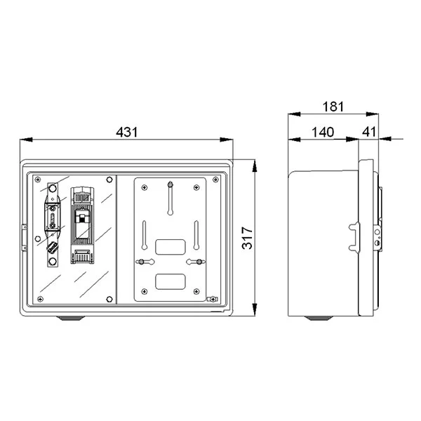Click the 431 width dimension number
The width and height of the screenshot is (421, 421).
[127, 132]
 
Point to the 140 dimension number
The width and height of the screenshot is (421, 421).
[324, 131]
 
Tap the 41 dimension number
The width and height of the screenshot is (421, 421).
[369, 131]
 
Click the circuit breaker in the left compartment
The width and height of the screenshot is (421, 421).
[82, 225]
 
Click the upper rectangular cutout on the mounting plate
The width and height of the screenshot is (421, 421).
[169, 246]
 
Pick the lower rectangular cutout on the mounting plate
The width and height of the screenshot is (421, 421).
[169, 282]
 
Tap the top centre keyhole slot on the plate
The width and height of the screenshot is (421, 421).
[170, 197]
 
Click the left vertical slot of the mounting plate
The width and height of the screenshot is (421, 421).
[143, 234]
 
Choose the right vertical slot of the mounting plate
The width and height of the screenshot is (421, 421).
[197, 234]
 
